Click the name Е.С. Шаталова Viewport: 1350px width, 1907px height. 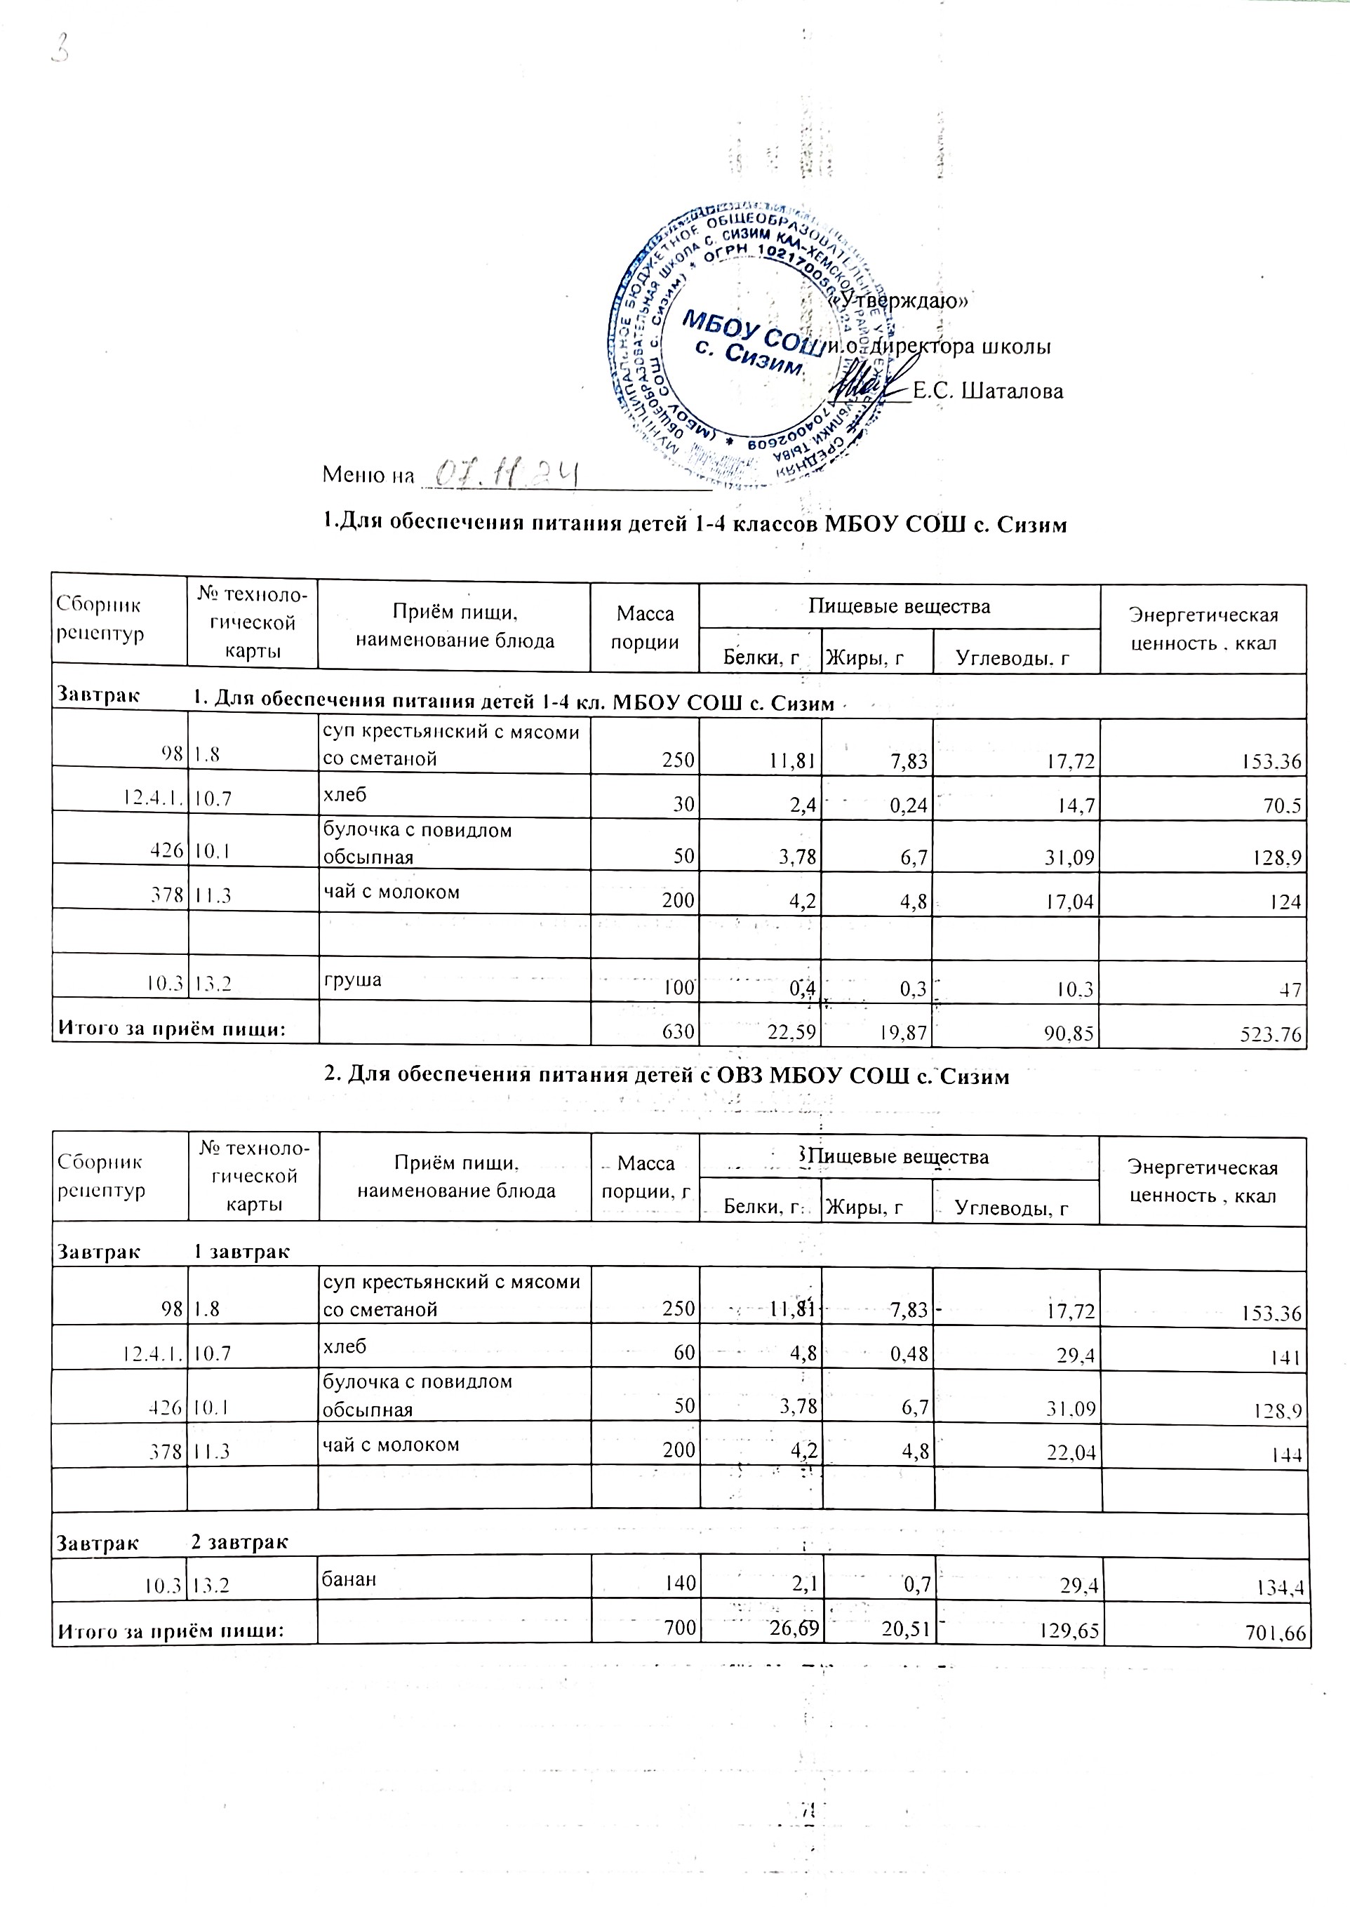click(x=987, y=391)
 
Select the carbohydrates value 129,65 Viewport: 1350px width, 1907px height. click(x=1069, y=1630)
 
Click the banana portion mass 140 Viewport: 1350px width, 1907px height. click(x=679, y=1583)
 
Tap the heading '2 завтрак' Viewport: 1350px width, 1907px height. click(x=239, y=1542)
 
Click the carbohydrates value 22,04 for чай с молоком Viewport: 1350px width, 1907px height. click(x=1070, y=1452)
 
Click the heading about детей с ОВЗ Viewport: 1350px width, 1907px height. click(x=667, y=1076)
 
